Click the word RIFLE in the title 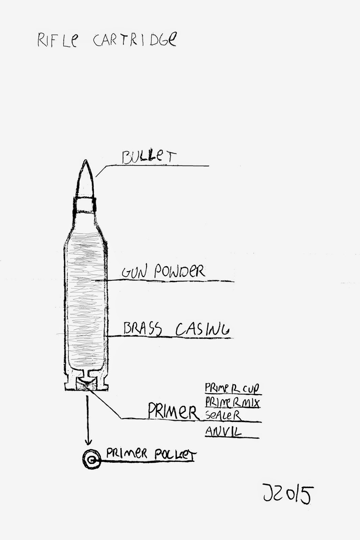coord(57,40)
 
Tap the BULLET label coord(149,157)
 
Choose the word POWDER coord(179,271)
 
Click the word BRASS coord(143,329)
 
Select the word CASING coord(202,329)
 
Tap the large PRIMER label coord(173,411)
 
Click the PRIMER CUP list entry coord(233,388)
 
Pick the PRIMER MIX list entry coord(233,402)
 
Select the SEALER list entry coord(223,415)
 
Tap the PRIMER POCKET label coord(151,454)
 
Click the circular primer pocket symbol coord(91,459)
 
